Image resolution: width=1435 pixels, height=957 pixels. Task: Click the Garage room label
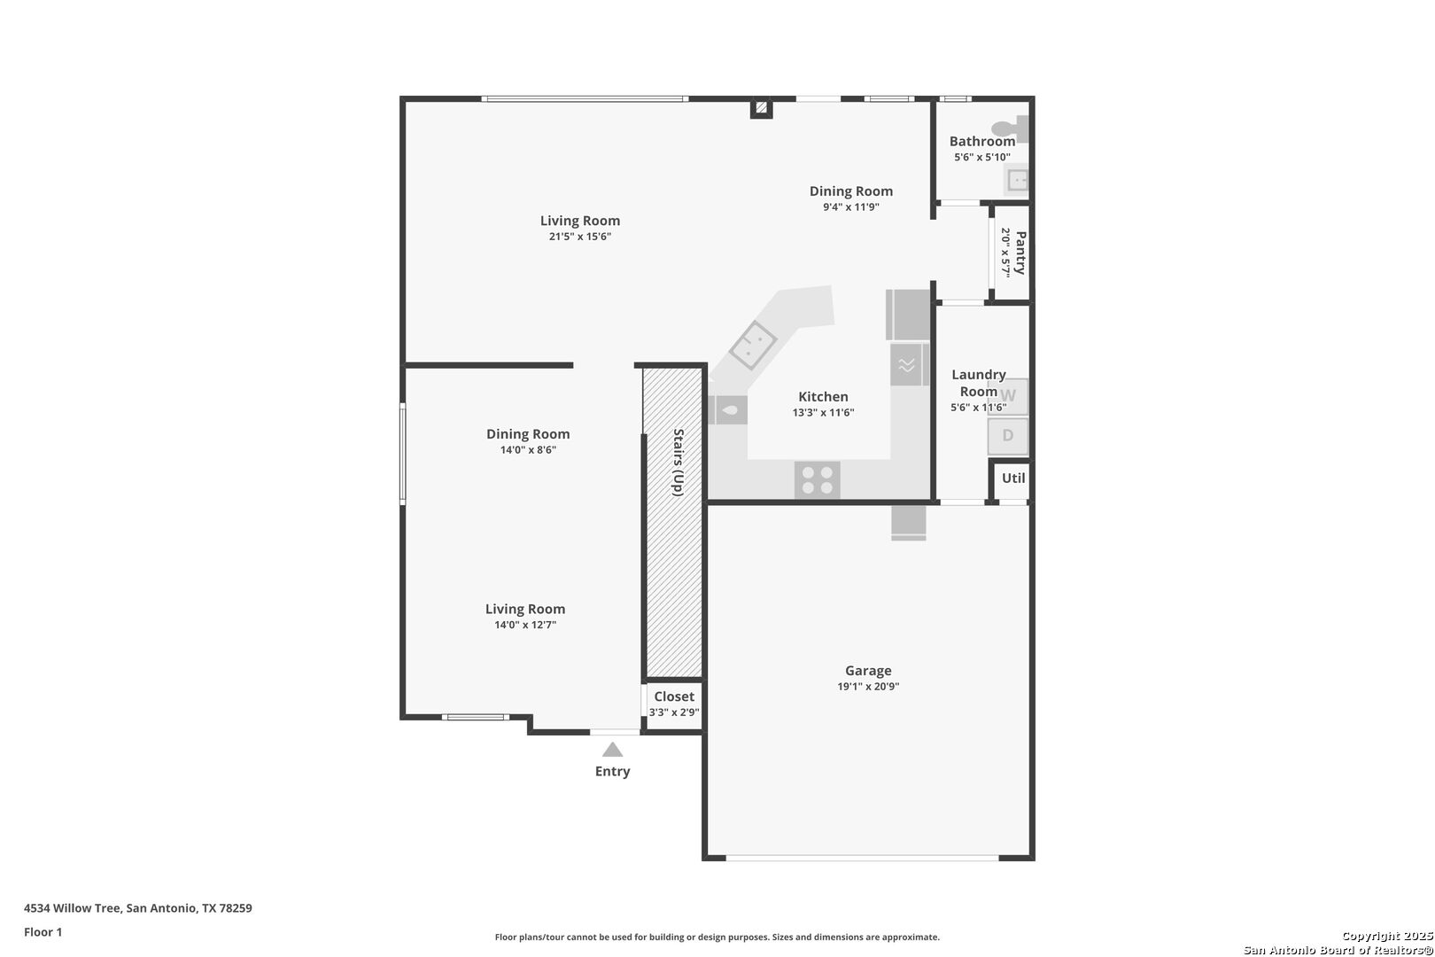point(868,671)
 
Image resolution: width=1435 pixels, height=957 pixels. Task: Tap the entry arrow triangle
point(612,750)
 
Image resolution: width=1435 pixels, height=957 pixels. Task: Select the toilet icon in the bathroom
point(1010,128)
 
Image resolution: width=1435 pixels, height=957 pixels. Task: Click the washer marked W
point(1008,396)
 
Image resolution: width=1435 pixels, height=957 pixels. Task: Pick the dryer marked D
point(1008,436)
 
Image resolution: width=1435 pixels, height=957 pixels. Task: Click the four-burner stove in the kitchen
point(818,480)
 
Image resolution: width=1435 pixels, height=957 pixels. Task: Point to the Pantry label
point(1020,253)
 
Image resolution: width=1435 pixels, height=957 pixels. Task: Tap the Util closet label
point(1013,478)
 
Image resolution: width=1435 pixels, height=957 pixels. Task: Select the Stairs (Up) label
point(678,463)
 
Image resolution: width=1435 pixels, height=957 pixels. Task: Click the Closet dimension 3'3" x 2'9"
point(674,712)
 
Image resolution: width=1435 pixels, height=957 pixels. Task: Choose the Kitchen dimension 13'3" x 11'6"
point(823,412)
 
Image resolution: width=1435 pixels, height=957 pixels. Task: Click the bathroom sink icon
point(1016,180)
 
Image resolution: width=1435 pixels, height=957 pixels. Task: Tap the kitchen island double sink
point(753,345)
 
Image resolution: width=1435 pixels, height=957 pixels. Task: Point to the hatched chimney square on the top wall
point(761,108)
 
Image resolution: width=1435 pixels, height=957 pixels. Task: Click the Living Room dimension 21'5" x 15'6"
point(580,236)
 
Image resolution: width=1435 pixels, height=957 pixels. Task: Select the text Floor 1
point(43,932)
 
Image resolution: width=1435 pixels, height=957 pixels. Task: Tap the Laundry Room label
point(978,383)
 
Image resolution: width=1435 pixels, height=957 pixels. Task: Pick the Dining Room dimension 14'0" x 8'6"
point(528,449)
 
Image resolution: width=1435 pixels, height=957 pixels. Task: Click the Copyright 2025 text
point(1387,936)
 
